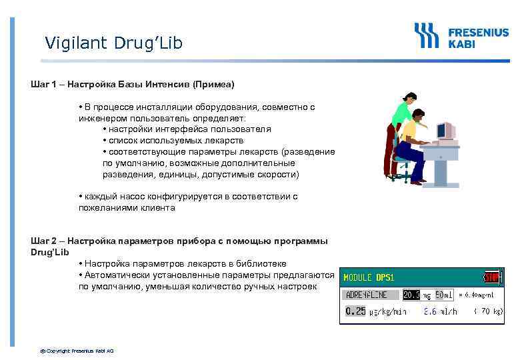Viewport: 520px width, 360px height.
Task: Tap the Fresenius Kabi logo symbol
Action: (x=427, y=35)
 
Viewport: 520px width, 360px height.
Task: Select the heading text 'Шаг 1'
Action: (x=43, y=85)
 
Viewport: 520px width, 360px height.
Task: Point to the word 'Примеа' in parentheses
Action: (x=213, y=85)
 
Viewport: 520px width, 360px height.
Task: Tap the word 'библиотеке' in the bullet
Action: (x=263, y=264)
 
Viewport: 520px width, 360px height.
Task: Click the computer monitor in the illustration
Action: (x=445, y=131)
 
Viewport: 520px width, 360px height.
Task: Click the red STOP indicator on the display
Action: (x=492, y=277)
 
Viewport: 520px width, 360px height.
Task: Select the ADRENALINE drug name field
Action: (x=371, y=294)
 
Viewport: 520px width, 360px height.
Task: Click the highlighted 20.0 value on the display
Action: (x=411, y=294)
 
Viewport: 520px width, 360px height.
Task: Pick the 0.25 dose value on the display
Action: (x=355, y=311)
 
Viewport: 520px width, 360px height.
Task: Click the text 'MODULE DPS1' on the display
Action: (x=368, y=277)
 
